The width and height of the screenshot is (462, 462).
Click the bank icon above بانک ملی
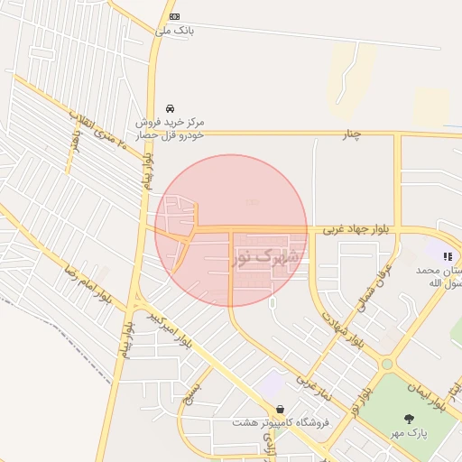tap(174, 16)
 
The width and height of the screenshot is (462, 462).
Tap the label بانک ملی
tap(174, 30)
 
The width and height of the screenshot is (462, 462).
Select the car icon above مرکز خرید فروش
tap(170, 108)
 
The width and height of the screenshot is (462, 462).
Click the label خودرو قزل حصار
tap(170, 134)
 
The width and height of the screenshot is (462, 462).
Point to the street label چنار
tap(351, 134)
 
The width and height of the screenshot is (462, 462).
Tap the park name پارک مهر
tap(409, 434)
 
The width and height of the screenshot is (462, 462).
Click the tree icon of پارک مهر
tap(410, 419)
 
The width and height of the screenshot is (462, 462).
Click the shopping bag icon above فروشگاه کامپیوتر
tap(281, 409)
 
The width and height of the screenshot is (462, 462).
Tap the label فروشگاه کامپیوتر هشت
tap(281, 422)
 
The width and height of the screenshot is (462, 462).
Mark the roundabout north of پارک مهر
tap(387, 364)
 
